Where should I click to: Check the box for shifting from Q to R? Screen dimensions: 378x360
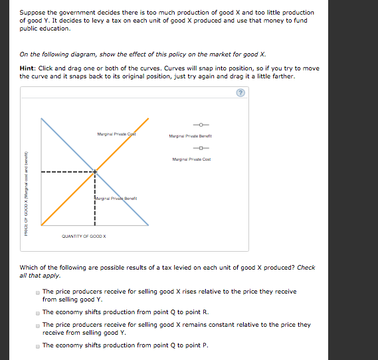click(37, 312)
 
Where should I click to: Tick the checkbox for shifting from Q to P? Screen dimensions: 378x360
click(37, 345)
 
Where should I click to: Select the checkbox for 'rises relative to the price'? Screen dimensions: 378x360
click(37, 292)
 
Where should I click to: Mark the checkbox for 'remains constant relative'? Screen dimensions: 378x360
click(37, 325)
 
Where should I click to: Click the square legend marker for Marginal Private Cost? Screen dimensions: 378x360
click(201, 149)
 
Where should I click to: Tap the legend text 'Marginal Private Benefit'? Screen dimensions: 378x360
click(190, 135)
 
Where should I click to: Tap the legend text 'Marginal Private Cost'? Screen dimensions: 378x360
click(190, 159)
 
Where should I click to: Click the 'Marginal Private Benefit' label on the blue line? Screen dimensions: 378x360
click(116, 198)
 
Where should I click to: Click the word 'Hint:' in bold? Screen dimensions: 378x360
click(27, 68)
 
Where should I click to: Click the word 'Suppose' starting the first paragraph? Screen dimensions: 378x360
click(31, 13)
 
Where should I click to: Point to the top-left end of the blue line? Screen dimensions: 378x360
click(42, 120)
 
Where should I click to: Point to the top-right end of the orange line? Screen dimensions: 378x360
click(147, 120)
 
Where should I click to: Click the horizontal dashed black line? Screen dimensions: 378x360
click(66, 172)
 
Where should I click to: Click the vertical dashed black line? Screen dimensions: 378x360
click(95, 199)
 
